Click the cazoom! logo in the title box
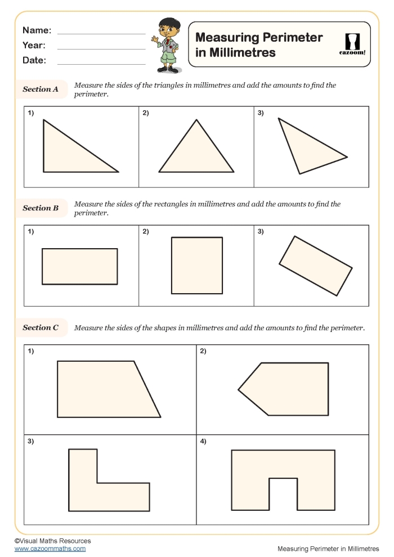tap(352, 44)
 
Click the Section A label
tap(41, 89)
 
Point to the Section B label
tap(41, 208)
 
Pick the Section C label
tap(41, 327)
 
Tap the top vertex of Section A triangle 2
tap(196, 120)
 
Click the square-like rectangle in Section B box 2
tap(196, 265)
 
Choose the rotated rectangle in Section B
tap(316, 266)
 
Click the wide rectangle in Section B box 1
tap(79, 266)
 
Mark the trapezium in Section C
tap(101, 389)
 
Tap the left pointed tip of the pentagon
tap(239, 389)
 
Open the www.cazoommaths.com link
tap(50, 549)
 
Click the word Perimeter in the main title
tap(290, 38)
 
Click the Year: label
tap(34, 46)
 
